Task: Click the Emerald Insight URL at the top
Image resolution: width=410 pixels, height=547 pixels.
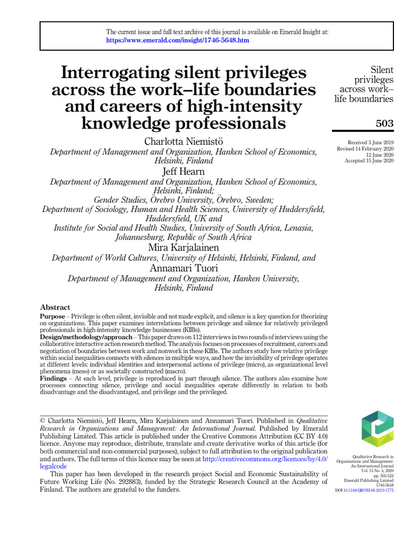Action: click(177, 40)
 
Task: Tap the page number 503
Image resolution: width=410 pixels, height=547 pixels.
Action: click(384, 123)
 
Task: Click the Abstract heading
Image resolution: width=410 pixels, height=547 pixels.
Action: click(55, 307)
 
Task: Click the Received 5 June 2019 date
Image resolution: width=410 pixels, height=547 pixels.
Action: click(370, 143)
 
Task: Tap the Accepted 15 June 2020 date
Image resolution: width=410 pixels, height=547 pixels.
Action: click(369, 161)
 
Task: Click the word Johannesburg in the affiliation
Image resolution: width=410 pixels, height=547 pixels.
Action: click(143, 237)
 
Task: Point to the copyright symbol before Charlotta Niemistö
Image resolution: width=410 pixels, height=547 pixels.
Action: click(44, 421)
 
